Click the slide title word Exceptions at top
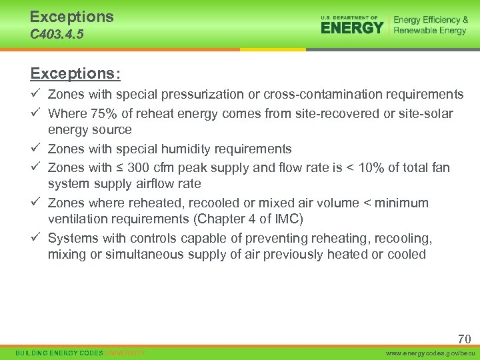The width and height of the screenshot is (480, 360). (71, 17)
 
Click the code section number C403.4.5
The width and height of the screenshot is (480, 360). (57, 34)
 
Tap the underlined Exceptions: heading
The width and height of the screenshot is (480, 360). (75, 72)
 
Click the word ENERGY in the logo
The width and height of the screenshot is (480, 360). (352, 27)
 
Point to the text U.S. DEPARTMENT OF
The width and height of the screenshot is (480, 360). (349, 17)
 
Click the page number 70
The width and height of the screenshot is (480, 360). (464, 339)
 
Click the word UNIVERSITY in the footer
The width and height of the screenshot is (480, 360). (125, 352)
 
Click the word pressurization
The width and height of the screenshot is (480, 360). (183, 94)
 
